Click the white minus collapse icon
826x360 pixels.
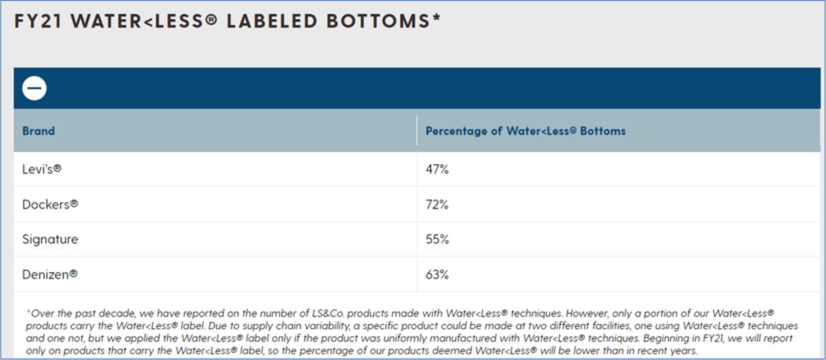(x=34, y=88)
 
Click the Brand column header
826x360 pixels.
(x=39, y=131)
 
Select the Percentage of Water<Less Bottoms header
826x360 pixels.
(x=525, y=131)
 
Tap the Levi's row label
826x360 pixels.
(x=41, y=169)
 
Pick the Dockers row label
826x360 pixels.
(x=50, y=205)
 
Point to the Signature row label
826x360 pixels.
(x=50, y=239)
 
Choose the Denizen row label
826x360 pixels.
(x=50, y=275)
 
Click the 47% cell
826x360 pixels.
(x=437, y=169)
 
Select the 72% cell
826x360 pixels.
(x=437, y=205)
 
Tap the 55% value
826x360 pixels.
(x=437, y=239)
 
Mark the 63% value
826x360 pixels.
(x=437, y=275)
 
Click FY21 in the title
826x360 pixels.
(x=38, y=22)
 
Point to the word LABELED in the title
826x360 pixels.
(x=271, y=22)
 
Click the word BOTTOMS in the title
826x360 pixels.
(x=378, y=22)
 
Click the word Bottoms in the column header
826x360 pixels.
(x=602, y=131)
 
